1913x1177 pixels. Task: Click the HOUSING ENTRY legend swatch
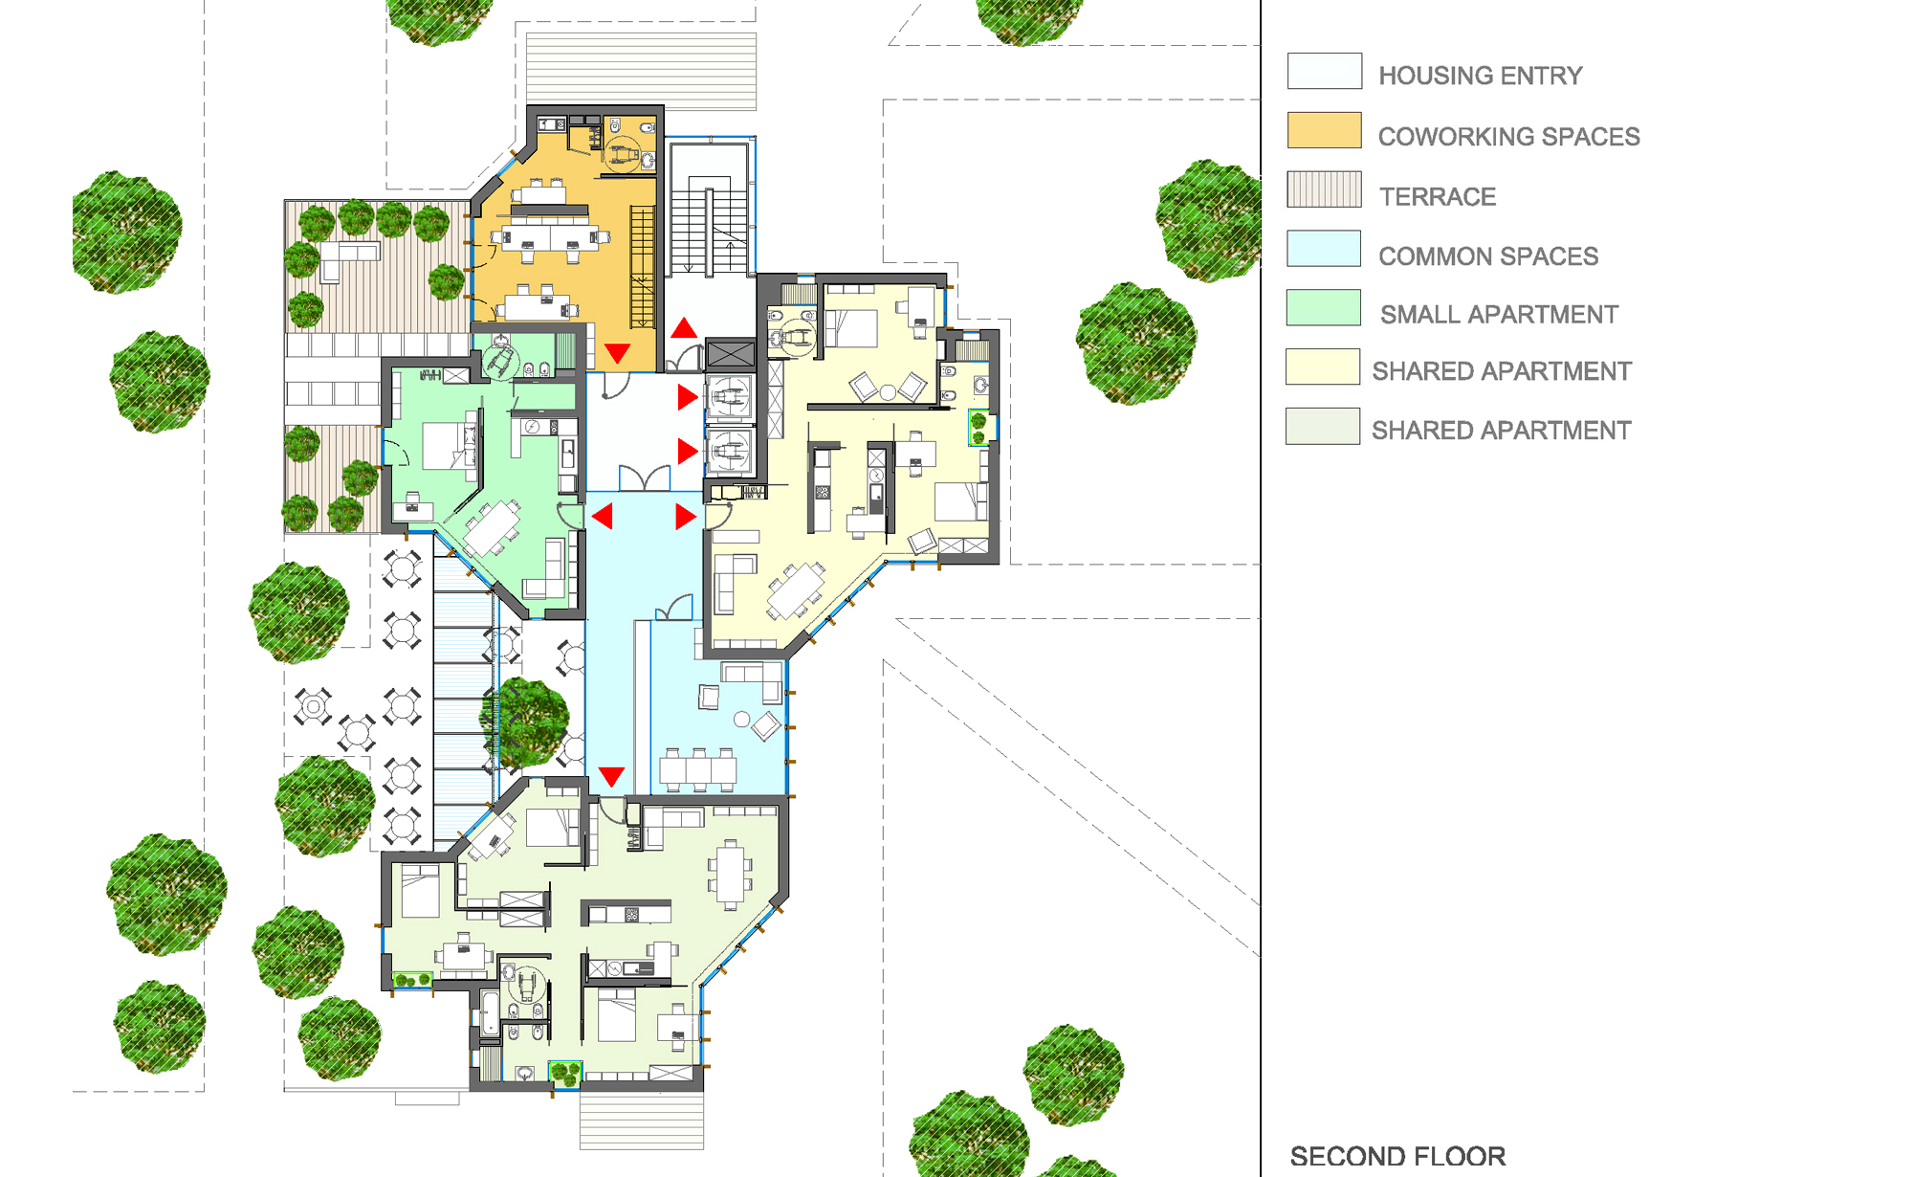point(1325,71)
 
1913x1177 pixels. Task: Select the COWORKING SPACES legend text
point(1508,137)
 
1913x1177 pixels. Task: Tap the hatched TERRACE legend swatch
point(1325,189)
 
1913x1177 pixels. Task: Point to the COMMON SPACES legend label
point(1488,256)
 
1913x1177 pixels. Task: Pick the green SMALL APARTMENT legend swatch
point(1324,308)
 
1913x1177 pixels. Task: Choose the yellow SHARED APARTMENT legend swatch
point(1323,366)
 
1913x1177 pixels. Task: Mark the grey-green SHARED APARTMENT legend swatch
point(1323,426)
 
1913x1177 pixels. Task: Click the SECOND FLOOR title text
point(1397,1156)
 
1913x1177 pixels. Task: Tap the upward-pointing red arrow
point(684,328)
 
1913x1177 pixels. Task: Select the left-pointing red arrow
point(603,517)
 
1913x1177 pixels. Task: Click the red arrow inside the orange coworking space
point(618,353)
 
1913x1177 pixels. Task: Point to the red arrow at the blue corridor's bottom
point(611,776)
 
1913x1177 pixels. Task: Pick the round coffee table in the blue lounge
point(741,720)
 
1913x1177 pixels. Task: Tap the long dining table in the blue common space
point(698,768)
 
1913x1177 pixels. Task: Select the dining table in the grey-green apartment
point(731,874)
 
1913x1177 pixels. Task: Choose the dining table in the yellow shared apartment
point(796,590)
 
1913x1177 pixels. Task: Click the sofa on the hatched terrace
point(348,259)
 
